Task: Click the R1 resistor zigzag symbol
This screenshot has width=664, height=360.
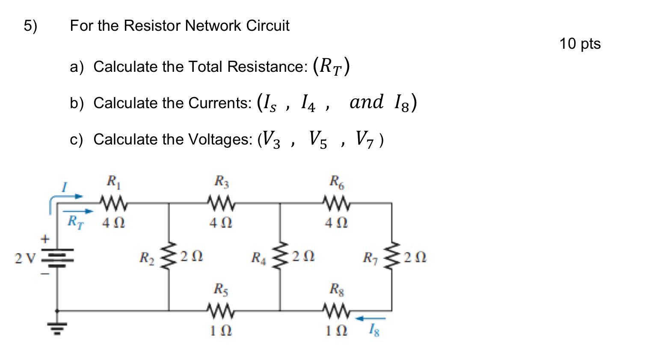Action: [x=113, y=201]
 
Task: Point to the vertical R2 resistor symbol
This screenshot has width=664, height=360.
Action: [x=169, y=257]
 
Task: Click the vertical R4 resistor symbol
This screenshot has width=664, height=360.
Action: [x=280, y=257]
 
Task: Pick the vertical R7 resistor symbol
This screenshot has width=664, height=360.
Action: [x=391, y=257]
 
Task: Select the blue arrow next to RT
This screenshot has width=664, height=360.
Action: [x=78, y=211]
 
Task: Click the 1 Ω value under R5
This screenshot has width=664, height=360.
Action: [x=221, y=331]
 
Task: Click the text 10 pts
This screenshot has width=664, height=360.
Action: [x=580, y=44]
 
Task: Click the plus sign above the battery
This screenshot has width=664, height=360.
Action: [x=45, y=238]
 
